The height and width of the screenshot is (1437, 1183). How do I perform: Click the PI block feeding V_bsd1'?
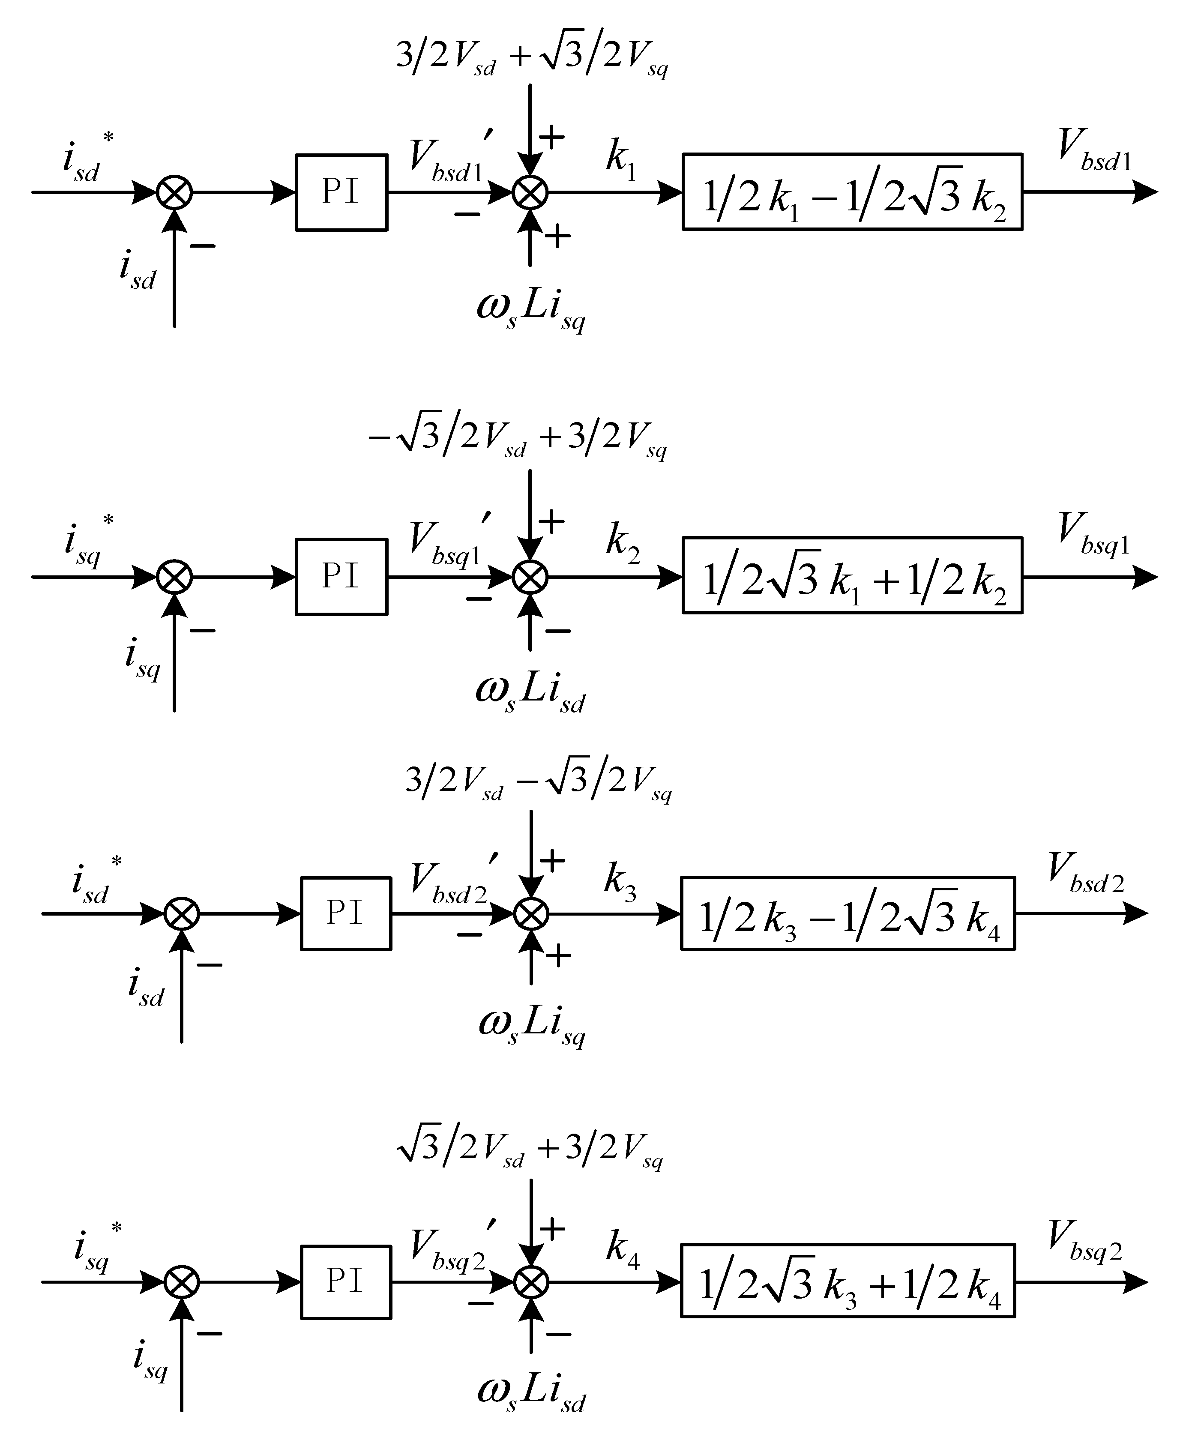coord(341,192)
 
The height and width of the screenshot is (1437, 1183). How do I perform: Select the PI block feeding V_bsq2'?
coord(345,1281)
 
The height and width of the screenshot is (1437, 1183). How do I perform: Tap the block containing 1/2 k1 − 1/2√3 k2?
coord(852,192)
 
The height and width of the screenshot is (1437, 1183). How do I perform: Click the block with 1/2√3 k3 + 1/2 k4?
coord(847,1281)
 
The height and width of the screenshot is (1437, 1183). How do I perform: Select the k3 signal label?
coord(620,883)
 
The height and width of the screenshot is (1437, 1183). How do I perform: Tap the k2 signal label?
coord(623,545)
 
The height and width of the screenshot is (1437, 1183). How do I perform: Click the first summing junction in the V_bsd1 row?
coord(174,193)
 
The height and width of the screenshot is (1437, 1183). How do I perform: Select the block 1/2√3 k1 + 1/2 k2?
coord(852,576)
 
